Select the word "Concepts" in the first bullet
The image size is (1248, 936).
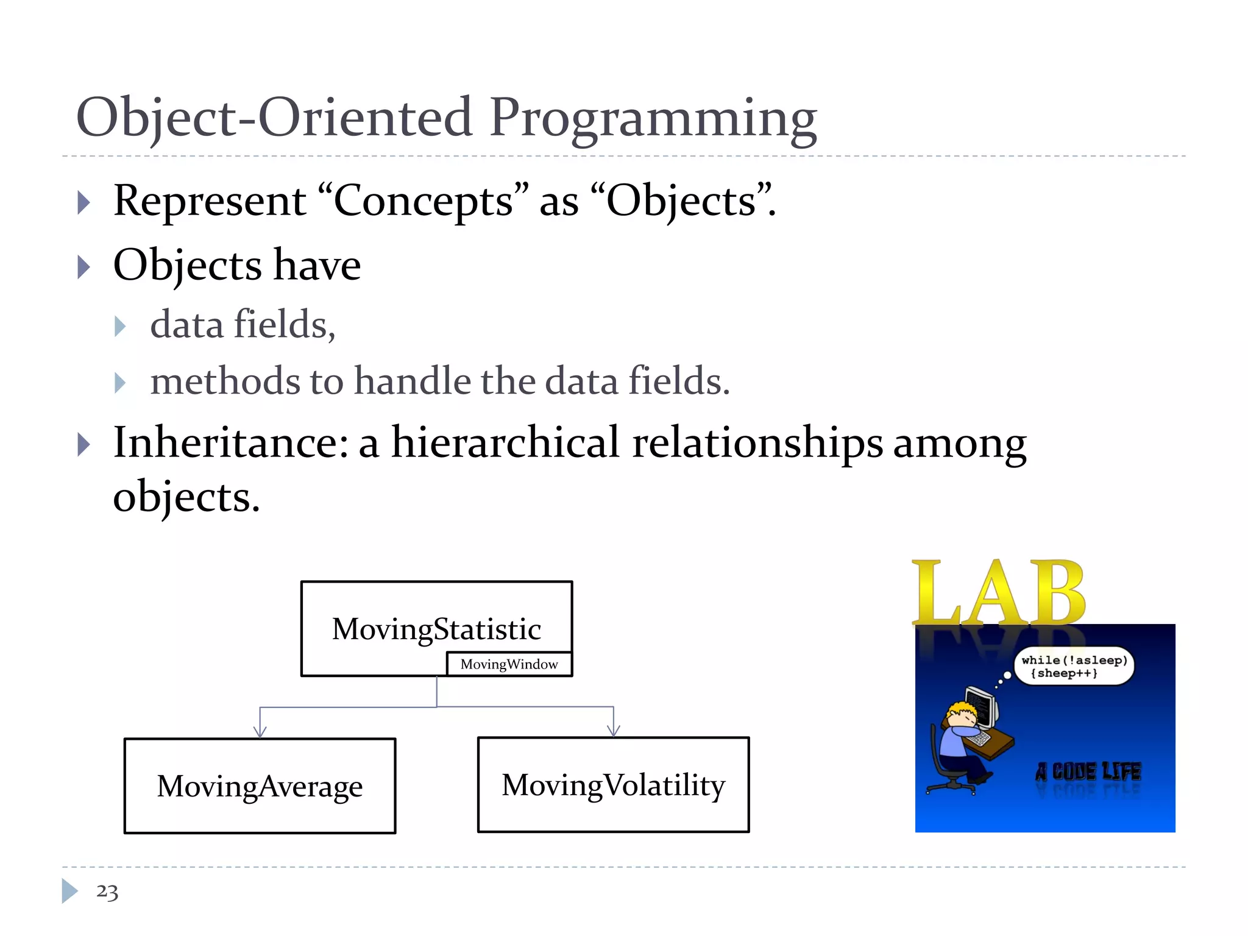[423, 201]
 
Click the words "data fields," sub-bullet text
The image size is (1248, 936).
[243, 324]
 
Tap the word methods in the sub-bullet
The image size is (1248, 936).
[225, 381]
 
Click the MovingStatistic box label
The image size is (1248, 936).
[436, 629]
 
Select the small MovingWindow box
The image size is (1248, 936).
[509, 664]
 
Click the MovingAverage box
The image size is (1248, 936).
[260, 786]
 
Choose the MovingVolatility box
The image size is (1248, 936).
[613, 785]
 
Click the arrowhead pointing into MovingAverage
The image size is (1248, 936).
[260, 731]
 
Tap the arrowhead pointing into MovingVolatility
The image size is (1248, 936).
[614, 730]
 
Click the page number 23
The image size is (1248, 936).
[107, 892]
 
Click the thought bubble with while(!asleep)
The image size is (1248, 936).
[1074, 666]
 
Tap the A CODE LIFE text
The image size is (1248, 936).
[1088, 772]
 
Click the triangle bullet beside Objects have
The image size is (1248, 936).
[84, 267]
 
